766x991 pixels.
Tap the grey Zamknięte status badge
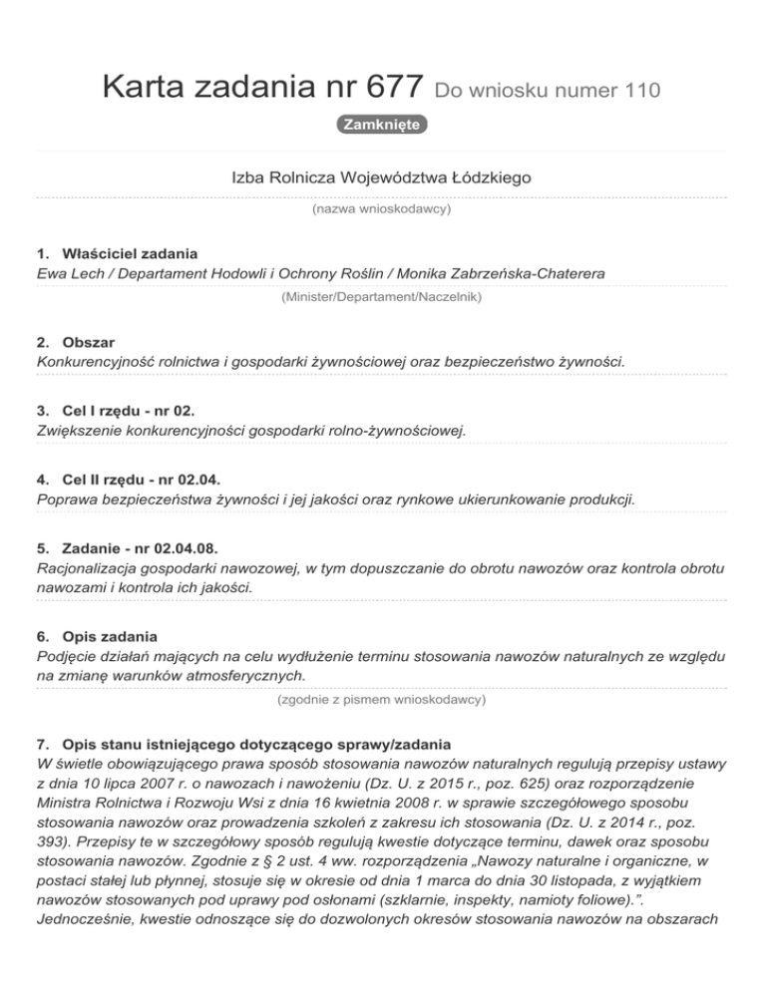pyautogui.click(x=382, y=126)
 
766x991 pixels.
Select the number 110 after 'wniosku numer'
pyautogui.click(x=641, y=92)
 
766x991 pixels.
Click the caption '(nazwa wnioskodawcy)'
pyautogui.click(x=382, y=209)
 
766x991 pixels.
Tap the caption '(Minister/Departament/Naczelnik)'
pyautogui.click(x=382, y=296)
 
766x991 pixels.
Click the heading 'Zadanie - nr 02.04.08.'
pyautogui.click(x=139, y=549)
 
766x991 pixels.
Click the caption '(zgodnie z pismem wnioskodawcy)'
pyautogui.click(x=382, y=700)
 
